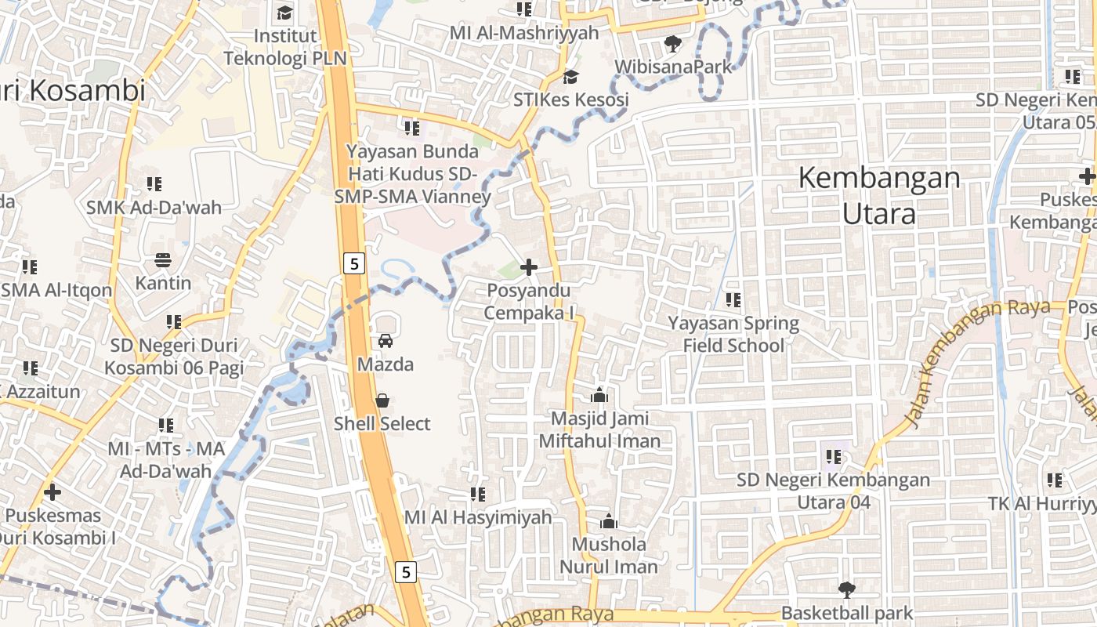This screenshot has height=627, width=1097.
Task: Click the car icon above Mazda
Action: (386, 341)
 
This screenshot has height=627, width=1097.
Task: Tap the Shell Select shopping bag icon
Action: (382, 400)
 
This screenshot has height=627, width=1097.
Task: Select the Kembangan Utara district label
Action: (879, 195)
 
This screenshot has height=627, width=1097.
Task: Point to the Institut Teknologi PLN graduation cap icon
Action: (284, 13)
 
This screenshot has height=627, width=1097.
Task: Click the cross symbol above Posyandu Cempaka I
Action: (529, 267)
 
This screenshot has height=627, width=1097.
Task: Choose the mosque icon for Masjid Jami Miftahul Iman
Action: (599, 395)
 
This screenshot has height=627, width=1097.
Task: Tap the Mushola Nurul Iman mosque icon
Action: (609, 521)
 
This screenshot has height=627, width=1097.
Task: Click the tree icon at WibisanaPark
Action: (672, 43)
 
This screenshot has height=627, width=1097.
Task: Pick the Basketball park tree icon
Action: (846, 589)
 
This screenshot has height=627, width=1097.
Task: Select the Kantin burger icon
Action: (163, 259)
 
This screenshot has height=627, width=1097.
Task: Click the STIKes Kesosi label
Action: (571, 100)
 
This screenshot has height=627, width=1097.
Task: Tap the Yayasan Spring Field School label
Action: (733, 335)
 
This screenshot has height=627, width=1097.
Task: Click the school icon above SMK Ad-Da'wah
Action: (154, 184)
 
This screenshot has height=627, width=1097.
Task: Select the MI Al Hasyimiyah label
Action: (478, 518)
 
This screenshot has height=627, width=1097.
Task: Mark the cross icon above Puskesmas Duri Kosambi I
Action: (52, 492)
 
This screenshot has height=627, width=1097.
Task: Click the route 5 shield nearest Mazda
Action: (354, 264)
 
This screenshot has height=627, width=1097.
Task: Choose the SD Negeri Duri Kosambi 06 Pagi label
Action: (174, 357)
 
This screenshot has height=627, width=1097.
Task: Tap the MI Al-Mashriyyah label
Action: (524, 33)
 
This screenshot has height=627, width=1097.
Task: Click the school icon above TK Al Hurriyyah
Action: (1055, 480)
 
